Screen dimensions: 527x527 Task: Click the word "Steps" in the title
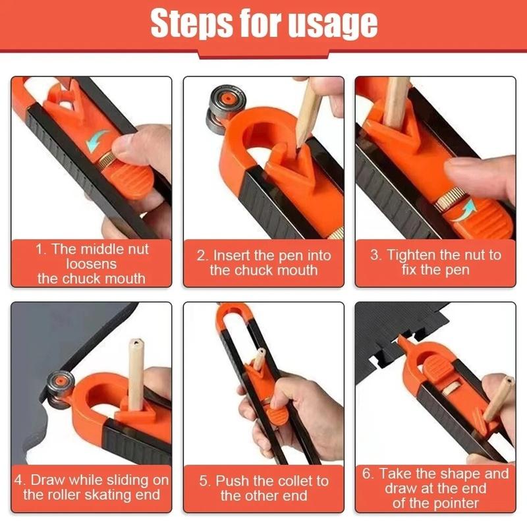(x=188, y=24)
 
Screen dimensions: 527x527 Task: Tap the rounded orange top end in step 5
(x=230, y=310)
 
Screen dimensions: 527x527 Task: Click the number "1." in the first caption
(x=42, y=250)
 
